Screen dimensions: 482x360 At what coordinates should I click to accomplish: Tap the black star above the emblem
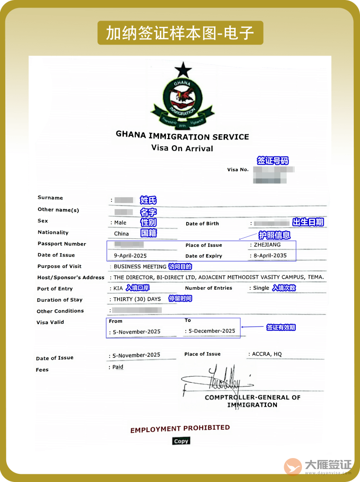coord(183,71)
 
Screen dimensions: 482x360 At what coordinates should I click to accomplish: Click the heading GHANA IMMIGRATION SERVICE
coord(182,136)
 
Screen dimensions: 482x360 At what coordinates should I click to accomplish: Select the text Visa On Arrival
coord(182,148)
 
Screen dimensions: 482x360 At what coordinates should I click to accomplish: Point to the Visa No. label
coord(238,170)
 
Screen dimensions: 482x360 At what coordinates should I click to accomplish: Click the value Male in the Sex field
coord(120,223)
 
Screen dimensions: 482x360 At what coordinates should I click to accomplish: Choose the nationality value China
coord(121,234)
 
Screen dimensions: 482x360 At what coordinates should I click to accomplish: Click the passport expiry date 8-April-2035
coord(270,256)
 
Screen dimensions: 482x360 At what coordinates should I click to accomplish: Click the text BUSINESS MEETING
coord(140,266)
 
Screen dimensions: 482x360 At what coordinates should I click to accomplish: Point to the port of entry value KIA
coord(118,289)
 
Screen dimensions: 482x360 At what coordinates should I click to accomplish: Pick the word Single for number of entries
coord(261,288)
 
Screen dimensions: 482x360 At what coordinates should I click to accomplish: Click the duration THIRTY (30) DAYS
coord(137,299)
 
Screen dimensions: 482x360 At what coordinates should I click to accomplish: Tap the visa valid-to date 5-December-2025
coord(212,331)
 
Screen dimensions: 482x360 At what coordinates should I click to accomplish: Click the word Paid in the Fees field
coord(118,367)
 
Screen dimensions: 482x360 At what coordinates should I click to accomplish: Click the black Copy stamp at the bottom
coord(181,441)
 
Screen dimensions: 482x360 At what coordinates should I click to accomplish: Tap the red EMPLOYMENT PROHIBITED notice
coord(180,429)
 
